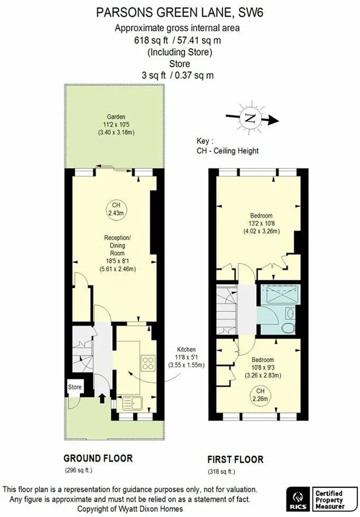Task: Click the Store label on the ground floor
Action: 74,387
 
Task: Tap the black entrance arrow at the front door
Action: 102,399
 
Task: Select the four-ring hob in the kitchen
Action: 148,362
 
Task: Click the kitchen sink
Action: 133,403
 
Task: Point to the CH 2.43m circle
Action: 116,209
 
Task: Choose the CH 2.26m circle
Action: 260,395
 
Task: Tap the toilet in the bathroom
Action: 289,328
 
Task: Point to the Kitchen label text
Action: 186,349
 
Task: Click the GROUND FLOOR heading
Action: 98,458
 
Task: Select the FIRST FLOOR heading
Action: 236,459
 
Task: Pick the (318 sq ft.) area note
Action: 221,472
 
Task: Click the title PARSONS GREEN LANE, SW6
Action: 180,12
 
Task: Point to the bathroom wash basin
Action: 290,313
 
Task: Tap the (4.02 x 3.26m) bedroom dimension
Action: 261,231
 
